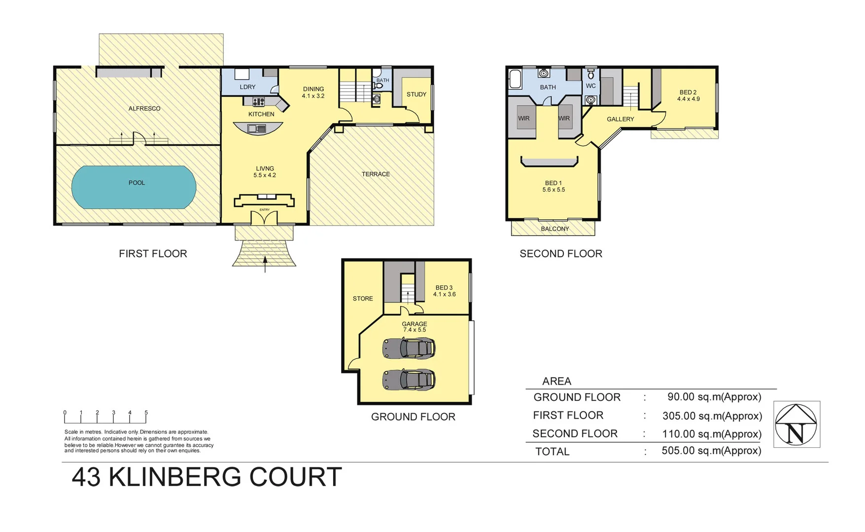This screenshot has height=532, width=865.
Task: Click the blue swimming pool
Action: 134,187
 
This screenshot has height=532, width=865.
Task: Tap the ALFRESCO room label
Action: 144,108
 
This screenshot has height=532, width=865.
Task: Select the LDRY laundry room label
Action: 247,87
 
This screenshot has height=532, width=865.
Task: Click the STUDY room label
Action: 416,94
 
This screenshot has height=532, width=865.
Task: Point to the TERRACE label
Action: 376,174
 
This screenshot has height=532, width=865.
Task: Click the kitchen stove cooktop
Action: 259,102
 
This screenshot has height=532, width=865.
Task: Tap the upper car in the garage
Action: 409,348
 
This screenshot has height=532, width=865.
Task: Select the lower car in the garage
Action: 409,380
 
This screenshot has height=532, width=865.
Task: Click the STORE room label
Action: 363,299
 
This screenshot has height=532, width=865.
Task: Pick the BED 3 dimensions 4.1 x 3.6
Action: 445,295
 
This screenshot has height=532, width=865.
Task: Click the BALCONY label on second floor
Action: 555,229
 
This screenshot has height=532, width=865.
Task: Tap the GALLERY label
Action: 621,119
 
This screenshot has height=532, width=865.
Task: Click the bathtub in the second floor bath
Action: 515,80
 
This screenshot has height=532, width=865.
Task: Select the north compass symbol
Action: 796,425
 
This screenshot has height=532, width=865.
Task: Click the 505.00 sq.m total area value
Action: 711,451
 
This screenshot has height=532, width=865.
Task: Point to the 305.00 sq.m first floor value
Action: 712,416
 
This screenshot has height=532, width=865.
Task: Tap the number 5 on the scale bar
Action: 146,413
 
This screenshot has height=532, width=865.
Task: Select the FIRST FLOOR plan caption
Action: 153,254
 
